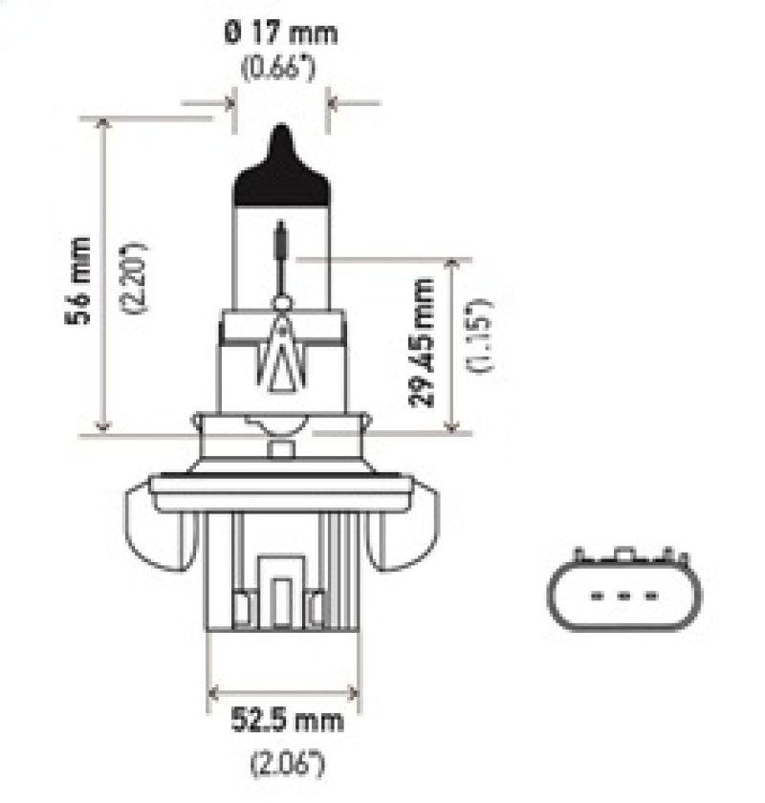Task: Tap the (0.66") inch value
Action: [x=281, y=69]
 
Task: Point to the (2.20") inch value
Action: [x=135, y=276]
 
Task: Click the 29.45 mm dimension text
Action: [x=422, y=341]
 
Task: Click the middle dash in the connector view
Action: [x=623, y=597]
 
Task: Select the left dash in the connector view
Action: [x=599, y=597]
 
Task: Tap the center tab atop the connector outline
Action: [x=623, y=554]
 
